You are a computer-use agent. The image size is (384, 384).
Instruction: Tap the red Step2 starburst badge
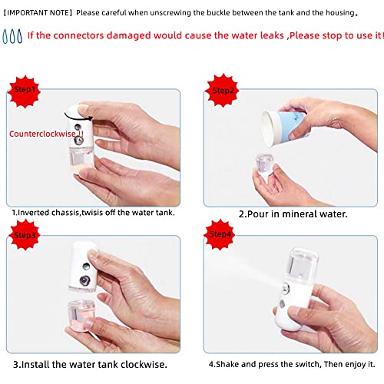pyautogui.click(x=222, y=89)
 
